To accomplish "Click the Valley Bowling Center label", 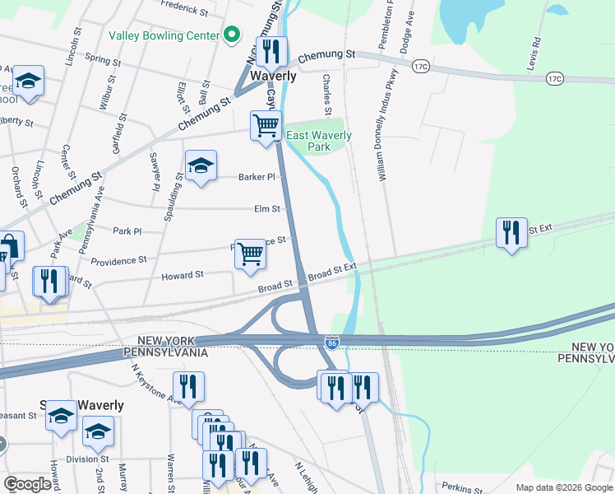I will coord(164,35).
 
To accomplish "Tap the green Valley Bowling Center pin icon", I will coord(232,35).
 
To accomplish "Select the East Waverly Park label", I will coord(318,141).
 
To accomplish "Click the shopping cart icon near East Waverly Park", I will coord(266,127).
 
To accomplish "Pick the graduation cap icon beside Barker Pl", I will coord(201,165).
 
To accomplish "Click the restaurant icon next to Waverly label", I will coord(271,52).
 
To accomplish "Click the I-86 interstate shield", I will coord(331,342).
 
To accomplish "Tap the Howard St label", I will coord(183,276).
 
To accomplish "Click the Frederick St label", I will coord(184,8).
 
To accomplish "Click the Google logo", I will coord(28,484).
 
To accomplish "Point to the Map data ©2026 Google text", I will coord(563,487).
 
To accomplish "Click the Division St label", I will coord(88,459).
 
